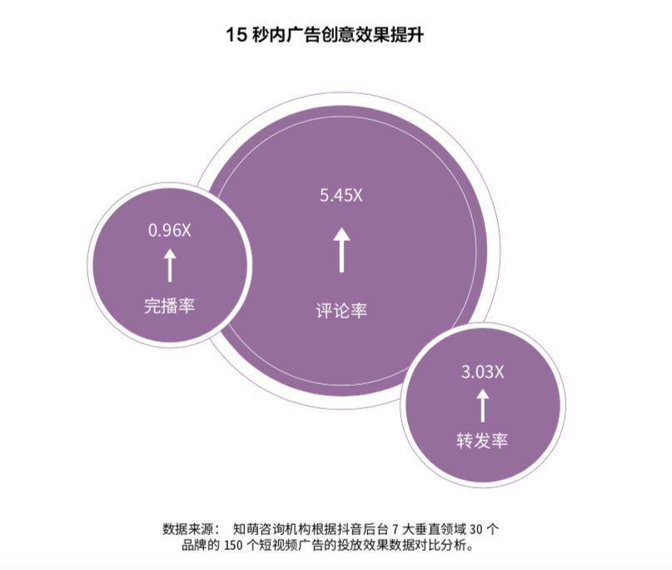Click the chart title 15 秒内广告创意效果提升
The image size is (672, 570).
[325, 35]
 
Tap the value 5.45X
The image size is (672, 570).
[341, 196]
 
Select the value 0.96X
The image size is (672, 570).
[170, 230]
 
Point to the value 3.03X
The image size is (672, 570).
[483, 372]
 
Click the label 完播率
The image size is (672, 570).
[169, 306]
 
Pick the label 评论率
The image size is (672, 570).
[341, 311]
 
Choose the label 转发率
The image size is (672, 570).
[482, 441]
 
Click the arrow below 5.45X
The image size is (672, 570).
[341, 250]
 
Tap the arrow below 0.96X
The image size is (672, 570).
[170, 266]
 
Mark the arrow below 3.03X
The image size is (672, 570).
[483, 405]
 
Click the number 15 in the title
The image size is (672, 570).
[236, 35]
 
